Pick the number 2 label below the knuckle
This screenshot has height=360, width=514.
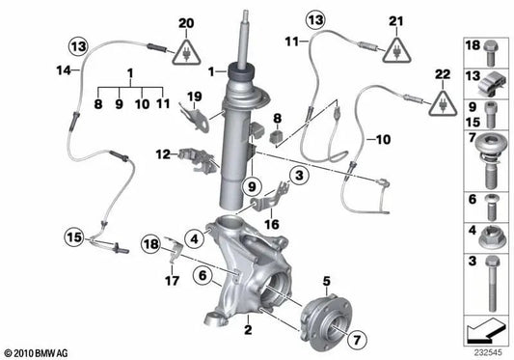(249, 330)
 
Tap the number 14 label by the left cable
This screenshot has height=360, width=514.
(35, 69)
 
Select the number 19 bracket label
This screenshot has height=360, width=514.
(194, 95)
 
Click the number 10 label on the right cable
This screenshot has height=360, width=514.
(382, 139)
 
